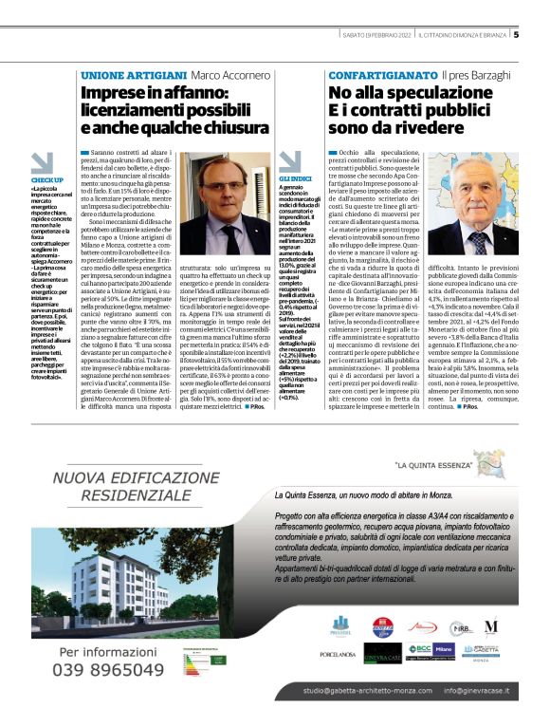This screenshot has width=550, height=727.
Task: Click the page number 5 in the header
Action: (x=516, y=36)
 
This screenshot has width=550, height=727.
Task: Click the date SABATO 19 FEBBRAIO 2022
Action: (x=377, y=36)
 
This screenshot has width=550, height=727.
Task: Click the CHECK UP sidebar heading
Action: (x=46, y=179)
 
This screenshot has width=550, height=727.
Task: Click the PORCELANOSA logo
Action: (x=338, y=681)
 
